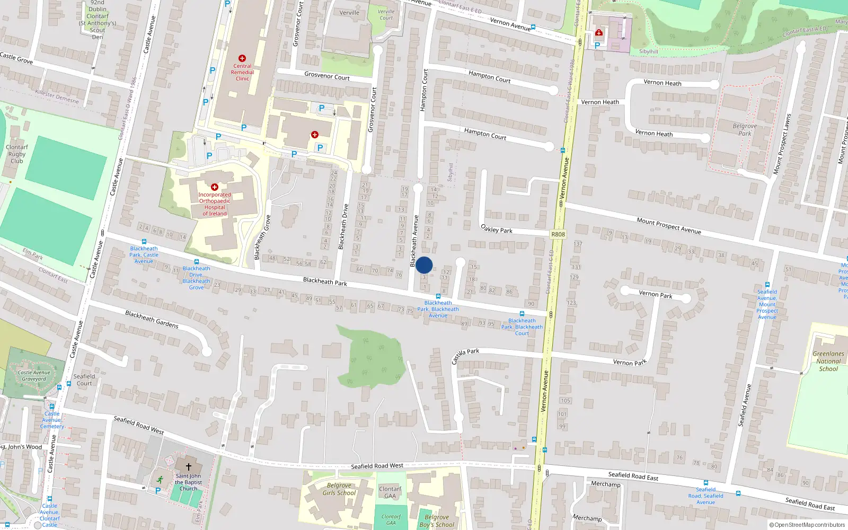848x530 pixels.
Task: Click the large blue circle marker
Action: tap(424, 265)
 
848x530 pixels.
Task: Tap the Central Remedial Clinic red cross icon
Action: tap(242, 58)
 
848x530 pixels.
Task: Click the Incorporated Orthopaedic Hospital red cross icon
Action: tap(215, 187)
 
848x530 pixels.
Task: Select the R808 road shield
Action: tap(558, 234)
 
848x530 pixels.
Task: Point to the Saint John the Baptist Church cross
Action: tap(188, 467)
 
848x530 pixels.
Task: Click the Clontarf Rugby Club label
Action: tap(16, 154)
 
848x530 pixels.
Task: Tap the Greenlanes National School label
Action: tap(828, 361)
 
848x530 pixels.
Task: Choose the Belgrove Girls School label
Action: tap(339, 489)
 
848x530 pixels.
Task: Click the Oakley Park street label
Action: tap(497, 229)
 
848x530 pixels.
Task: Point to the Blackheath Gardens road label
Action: tap(152, 319)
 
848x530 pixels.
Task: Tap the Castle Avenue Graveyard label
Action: tap(34, 376)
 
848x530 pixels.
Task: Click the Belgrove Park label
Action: tap(745, 130)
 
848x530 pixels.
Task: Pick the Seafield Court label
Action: tap(84, 380)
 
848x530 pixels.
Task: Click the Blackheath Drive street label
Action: tap(343, 226)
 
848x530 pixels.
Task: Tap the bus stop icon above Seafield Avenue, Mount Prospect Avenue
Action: tap(767, 285)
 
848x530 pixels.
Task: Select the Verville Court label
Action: tap(386, 15)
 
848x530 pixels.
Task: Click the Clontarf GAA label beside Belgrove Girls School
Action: tap(390, 493)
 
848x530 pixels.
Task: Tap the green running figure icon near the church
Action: tap(160, 479)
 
